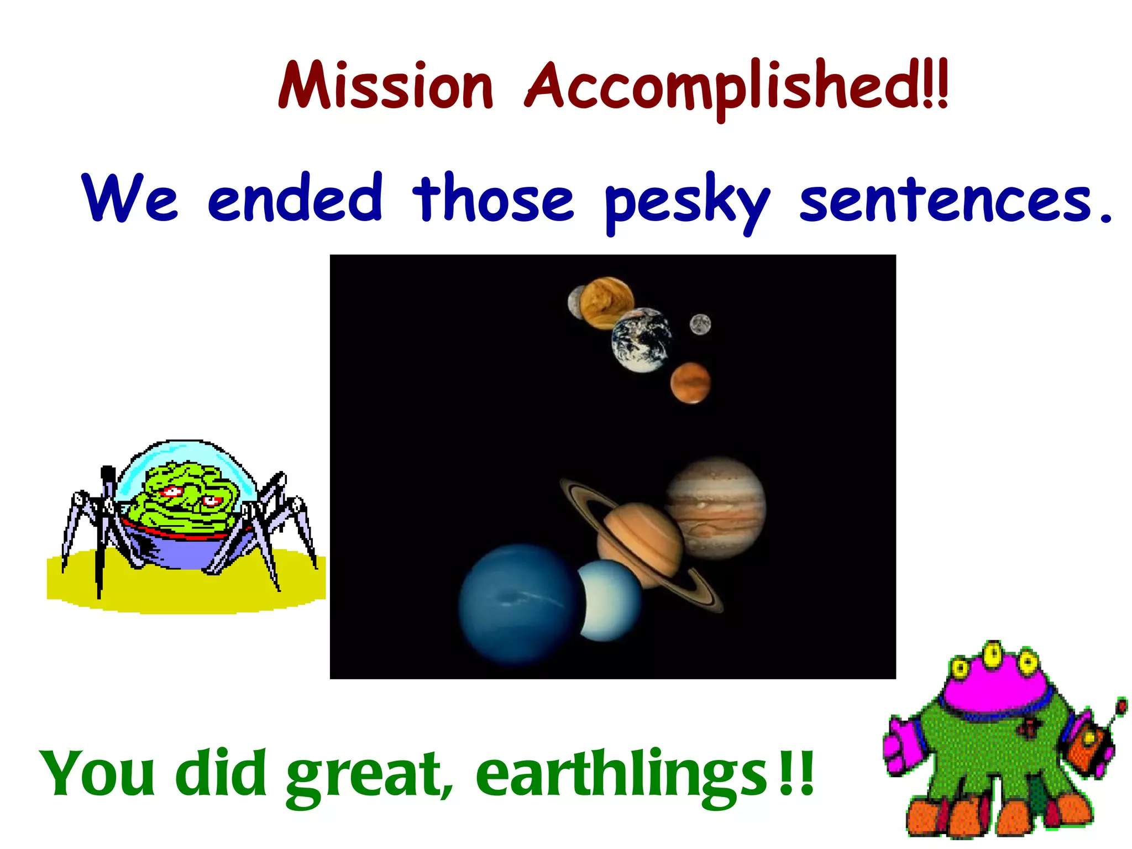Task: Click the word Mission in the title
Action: point(385,86)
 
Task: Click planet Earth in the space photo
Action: point(641,340)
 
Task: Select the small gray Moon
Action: point(700,324)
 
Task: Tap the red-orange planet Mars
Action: point(690,382)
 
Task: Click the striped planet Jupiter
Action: point(715,507)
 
